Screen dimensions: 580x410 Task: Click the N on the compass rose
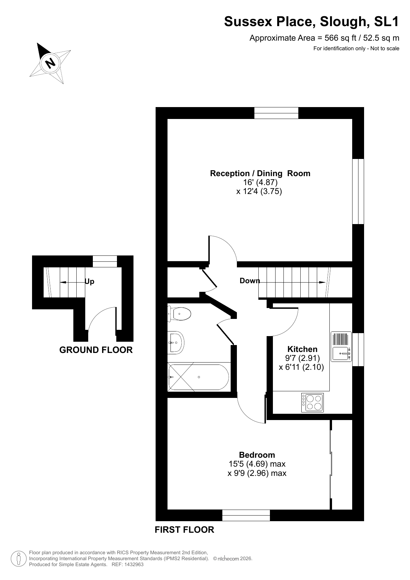coord(51,63)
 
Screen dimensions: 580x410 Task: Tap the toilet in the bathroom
coord(180,314)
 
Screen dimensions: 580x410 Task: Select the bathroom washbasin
coord(175,342)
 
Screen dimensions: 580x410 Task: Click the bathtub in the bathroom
coord(199,377)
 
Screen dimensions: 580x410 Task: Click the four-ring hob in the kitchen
coord(313,403)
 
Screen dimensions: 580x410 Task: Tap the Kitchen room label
coord(302,349)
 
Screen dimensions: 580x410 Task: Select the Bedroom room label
coord(257,455)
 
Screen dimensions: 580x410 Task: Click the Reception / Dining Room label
coord(260,173)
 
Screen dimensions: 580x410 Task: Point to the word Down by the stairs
coord(249,281)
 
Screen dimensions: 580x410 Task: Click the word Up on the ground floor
coord(90,281)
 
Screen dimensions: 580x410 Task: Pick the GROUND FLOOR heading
coord(96,350)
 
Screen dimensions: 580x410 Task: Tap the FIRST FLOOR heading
coord(184,529)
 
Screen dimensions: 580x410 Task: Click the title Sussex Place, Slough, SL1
coord(312,21)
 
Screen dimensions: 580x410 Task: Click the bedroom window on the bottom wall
coord(246,515)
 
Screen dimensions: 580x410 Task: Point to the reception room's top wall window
coord(276,113)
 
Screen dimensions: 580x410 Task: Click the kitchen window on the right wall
coord(358,349)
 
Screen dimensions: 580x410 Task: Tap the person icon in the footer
coord(19,559)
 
